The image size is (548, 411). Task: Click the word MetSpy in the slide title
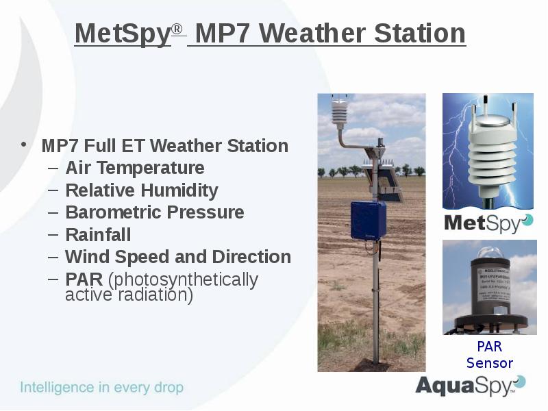pyautogui.click(x=122, y=33)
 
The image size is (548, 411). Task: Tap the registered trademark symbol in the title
pyautogui.click(x=177, y=29)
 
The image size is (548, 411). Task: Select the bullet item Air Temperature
pyautogui.click(x=134, y=168)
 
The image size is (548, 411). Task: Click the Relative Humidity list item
pyautogui.click(x=141, y=190)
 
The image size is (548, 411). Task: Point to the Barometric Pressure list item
pyautogui.click(x=154, y=212)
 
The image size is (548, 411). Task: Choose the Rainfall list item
pyautogui.click(x=97, y=235)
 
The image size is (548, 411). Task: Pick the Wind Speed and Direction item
pyautogui.click(x=177, y=257)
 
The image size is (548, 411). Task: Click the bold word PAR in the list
pyautogui.click(x=84, y=279)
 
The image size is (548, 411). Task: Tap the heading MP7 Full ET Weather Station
pyautogui.click(x=164, y=146)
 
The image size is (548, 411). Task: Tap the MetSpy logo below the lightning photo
pyautogui.click(x=487, y=223)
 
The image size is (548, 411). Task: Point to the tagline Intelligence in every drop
pyautogui.click(x=101, y=388)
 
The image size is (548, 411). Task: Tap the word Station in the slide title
pyautogui.click(x=420, y=33)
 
